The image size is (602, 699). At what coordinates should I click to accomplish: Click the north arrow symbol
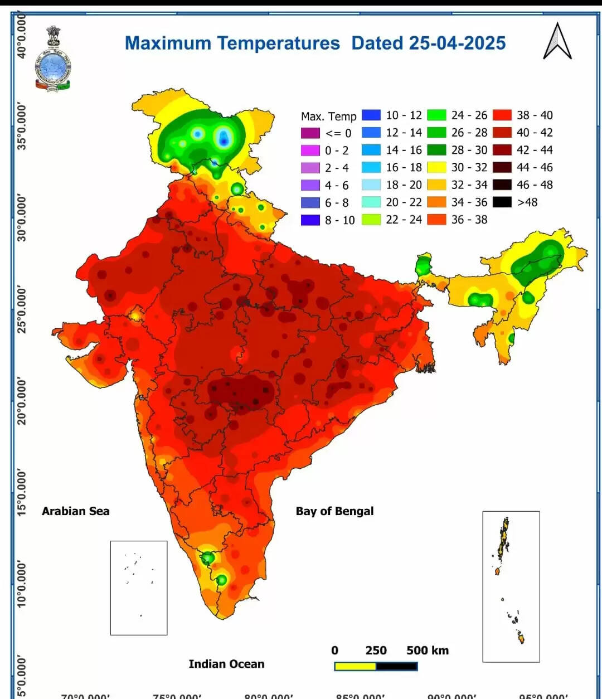tap(557, 42)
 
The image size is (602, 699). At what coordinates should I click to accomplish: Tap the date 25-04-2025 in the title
tap(457, 43)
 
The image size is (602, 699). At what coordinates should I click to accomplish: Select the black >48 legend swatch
tap(502, 202)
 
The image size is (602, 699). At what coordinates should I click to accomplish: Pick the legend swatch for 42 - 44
tap(502, 150)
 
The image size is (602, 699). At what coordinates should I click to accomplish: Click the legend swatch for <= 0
tap(310, 133)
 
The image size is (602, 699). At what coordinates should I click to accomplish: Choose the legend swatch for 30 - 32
tap(436, 167)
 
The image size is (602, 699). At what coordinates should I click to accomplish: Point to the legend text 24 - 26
tap(469, 115)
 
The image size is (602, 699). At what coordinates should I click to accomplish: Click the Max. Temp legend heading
tap(328, 116)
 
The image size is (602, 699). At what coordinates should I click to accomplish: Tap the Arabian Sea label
tap(75, 511)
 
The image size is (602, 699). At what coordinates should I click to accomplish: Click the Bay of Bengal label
tap(334, 511)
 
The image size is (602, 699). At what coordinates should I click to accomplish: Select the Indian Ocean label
tap(226, 664)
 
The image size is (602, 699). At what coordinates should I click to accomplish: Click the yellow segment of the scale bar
tap(355, 666)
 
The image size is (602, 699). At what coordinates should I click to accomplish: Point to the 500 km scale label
tap(427, 651)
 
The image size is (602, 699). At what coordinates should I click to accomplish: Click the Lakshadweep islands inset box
tap(139, 588)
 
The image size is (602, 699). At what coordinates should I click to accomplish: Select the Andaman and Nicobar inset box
tap(511, 586)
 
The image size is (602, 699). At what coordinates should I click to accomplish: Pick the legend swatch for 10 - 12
tap(371, 115)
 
